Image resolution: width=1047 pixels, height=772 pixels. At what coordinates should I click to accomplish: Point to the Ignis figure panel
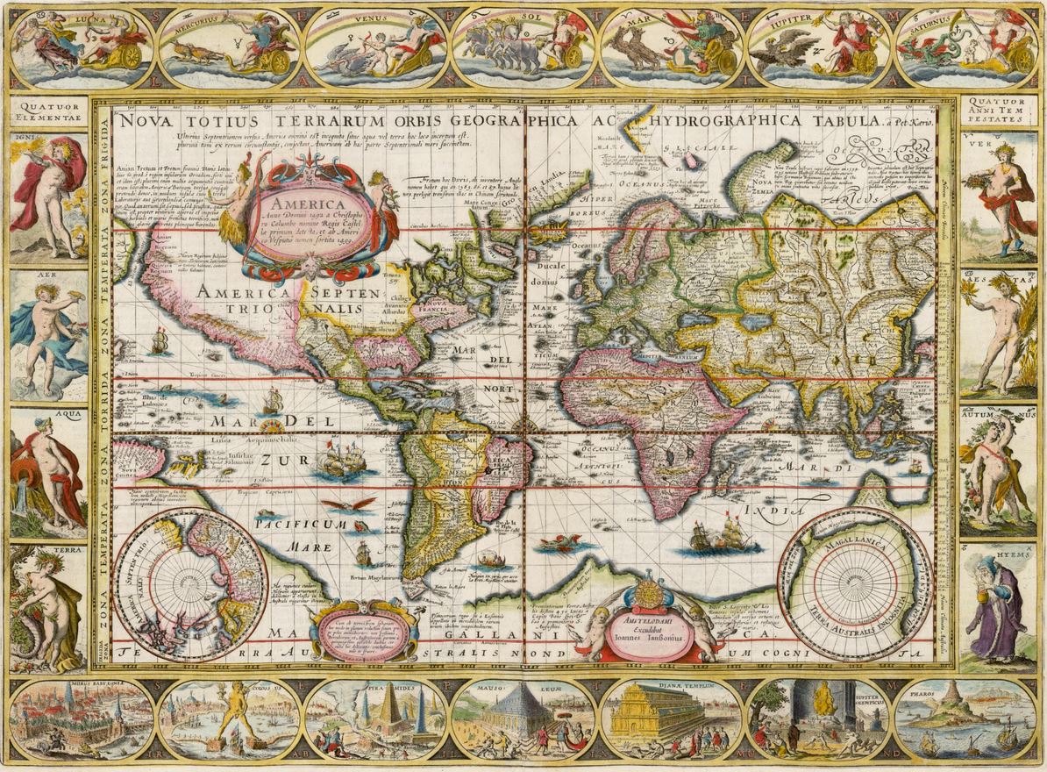point(48,195)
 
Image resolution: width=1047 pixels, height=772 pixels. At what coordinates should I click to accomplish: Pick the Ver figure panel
point(999,195)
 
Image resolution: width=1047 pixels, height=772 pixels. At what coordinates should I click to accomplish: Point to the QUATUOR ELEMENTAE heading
point(48,112)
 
